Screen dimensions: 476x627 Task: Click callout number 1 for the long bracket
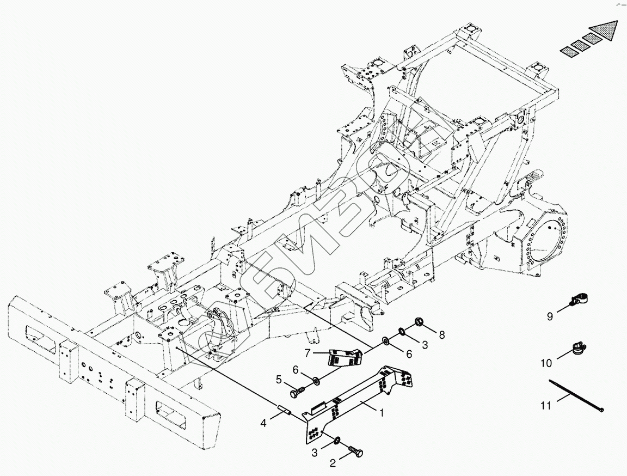pyautogui.click(x=382, y=413)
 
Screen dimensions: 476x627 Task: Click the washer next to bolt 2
pyautogui.click(x=338, y=439)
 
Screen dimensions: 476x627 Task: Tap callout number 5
pyautogui.click(x=278, y=380)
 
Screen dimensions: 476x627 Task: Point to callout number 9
pyautogui.click(x=550, y=316)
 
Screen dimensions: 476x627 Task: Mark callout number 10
pyautogui.click(x=546, y=363)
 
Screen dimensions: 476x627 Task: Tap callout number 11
pyautogui.click(x=546, y=405)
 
